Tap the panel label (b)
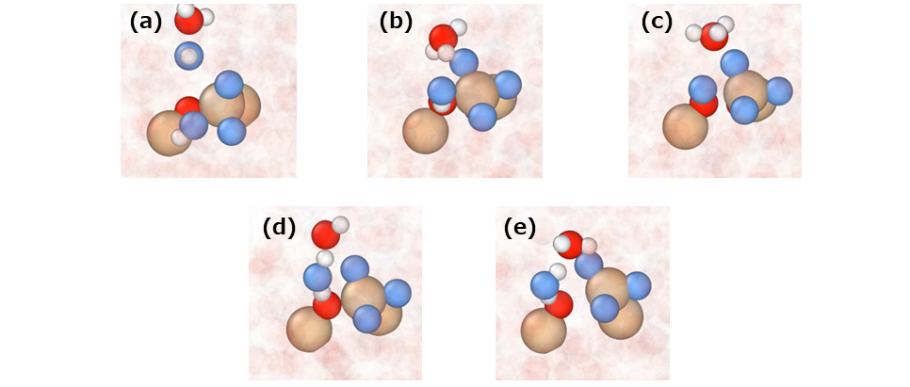396,22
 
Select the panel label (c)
657,22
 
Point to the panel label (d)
279,227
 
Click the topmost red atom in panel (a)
188,20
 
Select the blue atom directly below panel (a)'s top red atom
189,56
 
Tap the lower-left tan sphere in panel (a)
169,133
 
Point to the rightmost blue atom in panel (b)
508,86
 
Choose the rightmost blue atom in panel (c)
779,91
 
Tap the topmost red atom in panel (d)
325,234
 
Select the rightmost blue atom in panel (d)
398,293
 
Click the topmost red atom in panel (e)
569,244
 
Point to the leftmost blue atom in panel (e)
544,284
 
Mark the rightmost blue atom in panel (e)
639,285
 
